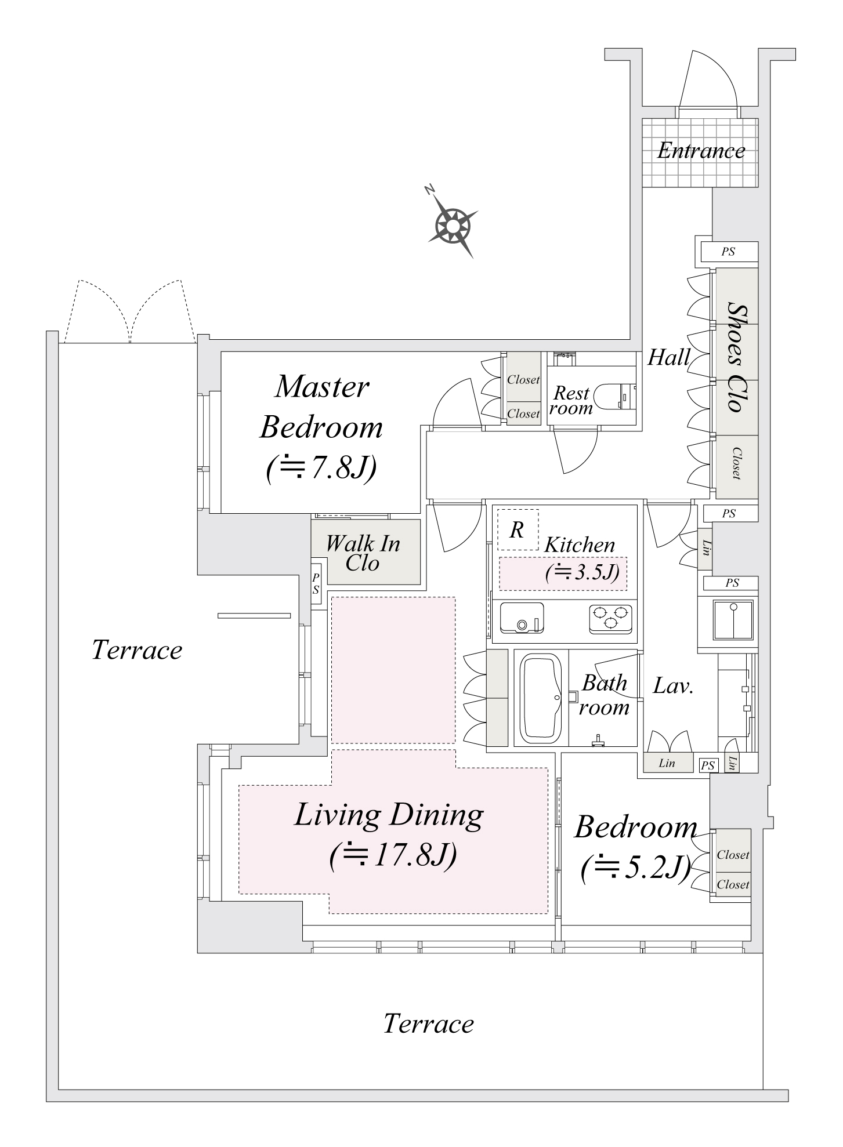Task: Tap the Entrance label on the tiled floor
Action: (x=700, y=151)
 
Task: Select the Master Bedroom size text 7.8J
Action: (x=321, y=468)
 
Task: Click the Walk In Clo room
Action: (x=364, y=553)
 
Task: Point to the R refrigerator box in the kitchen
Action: (x=518, y=529)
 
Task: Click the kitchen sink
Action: (x=522, y=619)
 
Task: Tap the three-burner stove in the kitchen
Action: (x=610, y=618)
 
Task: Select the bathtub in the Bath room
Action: (x=541, y=699)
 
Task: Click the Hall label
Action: (x=668, y=358)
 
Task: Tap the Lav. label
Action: (x=673, y=687)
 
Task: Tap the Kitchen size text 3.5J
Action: (x=582, y=572)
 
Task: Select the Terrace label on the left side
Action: (x=137, y=650)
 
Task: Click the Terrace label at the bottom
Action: (x=428, y=1024)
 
